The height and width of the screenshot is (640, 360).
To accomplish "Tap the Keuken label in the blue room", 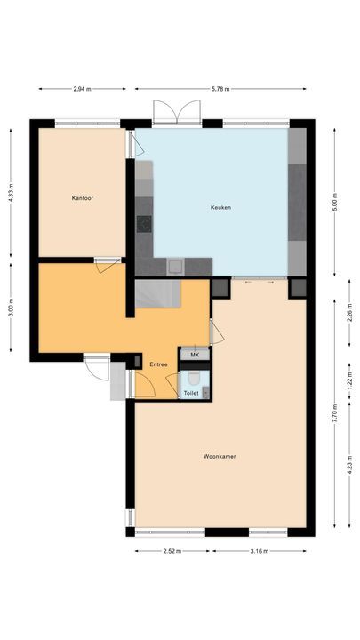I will point(220,207).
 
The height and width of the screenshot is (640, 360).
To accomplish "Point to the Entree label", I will point(158,364).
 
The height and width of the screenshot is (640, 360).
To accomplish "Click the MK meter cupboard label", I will point(195,355).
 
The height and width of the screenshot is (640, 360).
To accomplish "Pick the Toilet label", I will point(191,392).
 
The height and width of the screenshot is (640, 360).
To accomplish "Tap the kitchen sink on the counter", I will point(175,264).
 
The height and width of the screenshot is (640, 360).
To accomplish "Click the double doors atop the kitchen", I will point(171,113).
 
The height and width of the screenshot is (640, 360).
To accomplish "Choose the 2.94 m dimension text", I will point(85,89).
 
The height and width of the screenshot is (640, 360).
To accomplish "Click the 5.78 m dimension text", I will point(220,89).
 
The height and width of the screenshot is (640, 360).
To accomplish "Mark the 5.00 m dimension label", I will point(334,196).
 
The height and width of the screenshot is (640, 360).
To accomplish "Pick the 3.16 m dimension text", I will point(259,551).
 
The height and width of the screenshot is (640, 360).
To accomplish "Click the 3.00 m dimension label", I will point(10,310).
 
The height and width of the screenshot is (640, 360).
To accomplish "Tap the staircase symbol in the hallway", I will point(160,293).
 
